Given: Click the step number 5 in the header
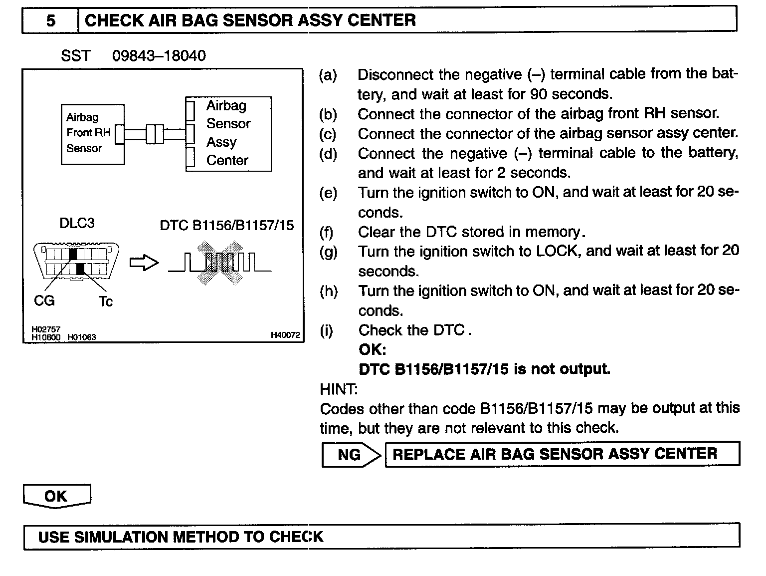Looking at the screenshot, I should (51, 20).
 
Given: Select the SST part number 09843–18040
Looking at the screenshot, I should (159, 55).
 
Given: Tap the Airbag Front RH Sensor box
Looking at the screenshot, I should (92, 134).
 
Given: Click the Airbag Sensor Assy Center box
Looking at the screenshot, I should (228, 134).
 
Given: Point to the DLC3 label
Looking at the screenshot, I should (77, 223).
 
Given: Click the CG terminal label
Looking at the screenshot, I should (44, 301).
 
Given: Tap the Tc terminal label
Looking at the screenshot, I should (106, 301).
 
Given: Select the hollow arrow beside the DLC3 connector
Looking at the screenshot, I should (144, 263).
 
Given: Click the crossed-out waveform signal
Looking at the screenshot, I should (219, 263).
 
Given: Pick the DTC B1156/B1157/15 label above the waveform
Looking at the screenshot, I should (226, 226).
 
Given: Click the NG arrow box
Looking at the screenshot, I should (351, 455).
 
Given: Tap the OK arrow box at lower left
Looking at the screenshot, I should (56, 497).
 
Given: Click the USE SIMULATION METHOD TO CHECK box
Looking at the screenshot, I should (381, 537).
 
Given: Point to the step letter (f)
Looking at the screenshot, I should (327, 233).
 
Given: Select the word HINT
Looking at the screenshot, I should (339, 389).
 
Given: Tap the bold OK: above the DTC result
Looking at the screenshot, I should (372, 349).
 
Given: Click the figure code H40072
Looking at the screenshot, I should (285, 335).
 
